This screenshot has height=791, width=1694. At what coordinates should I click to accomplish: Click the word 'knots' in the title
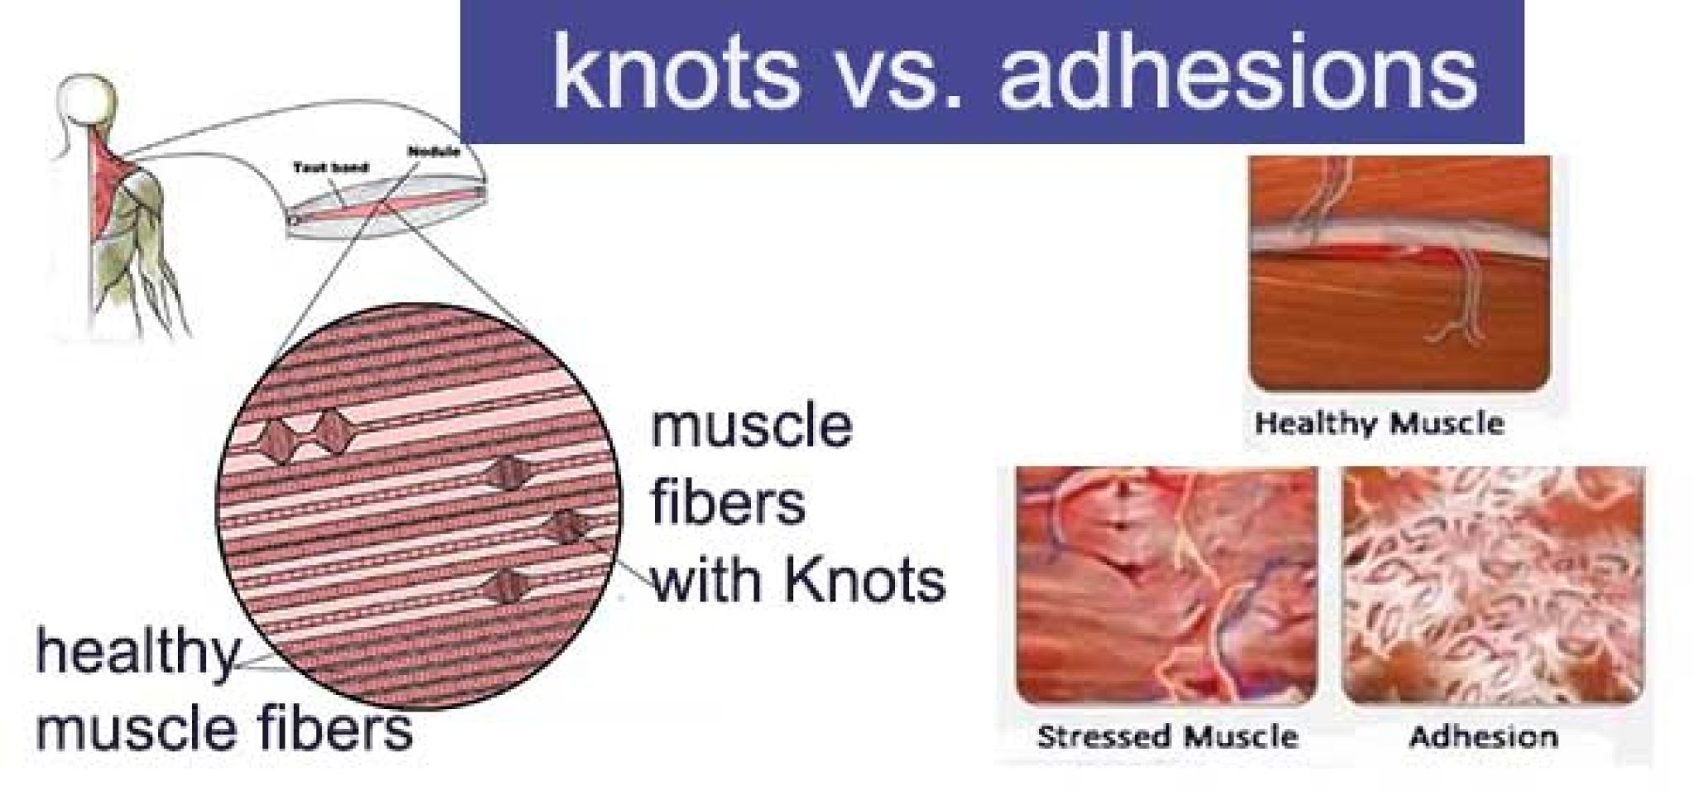677,72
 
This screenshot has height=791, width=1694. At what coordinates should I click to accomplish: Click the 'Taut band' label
331,168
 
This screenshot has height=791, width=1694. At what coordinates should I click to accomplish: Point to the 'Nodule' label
433,152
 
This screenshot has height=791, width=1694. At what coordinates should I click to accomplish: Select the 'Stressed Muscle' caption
1167,736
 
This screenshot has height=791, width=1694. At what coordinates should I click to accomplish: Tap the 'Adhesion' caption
1483,736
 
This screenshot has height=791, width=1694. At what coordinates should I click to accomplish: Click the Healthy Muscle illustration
1400,274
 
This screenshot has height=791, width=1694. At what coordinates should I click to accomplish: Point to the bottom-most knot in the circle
505,586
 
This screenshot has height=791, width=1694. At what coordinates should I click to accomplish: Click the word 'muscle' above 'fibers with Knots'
751,426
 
